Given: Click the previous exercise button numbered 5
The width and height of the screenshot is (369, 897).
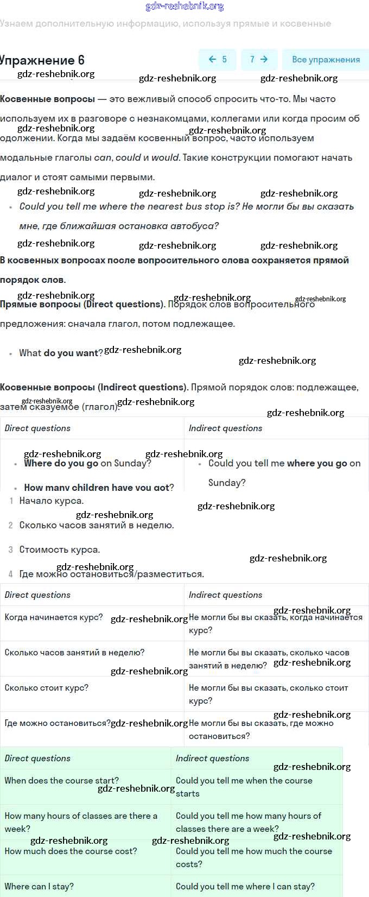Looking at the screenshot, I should (218, 60).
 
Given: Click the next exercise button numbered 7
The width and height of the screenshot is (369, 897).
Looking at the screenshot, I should (258, 60).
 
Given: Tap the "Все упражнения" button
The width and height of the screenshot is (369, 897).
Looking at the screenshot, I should (326, 60).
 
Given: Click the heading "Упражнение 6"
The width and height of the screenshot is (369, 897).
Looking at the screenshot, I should (42, 60).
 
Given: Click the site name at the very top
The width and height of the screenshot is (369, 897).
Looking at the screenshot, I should (184, 7).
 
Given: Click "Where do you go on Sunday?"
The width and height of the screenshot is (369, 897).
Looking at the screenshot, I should (87, 463).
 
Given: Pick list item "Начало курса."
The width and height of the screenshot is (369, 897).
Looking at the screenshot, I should (51, 501).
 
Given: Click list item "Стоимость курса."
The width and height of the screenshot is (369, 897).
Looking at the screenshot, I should (60, 549).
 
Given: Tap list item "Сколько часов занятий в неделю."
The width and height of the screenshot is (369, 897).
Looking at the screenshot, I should (97, 525).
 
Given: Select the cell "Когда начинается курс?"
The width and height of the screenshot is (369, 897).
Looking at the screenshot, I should (53, 617).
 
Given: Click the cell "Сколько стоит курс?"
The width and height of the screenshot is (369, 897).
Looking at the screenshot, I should (46, 688).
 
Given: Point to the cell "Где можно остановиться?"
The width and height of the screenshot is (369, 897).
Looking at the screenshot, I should (57, 723).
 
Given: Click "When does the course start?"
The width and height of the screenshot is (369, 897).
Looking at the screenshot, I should (61, 781).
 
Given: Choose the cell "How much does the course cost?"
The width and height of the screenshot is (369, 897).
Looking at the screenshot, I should (71, 851).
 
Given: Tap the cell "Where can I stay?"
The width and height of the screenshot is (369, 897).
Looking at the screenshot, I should (39, 887).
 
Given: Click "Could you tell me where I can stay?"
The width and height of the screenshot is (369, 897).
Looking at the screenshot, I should (245, 887).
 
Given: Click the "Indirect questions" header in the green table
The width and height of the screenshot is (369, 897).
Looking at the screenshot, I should (212, 759).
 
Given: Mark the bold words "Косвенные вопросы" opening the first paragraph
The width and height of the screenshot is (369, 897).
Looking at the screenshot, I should (47, 99).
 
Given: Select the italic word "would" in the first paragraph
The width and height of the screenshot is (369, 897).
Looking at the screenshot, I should (165, 157).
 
